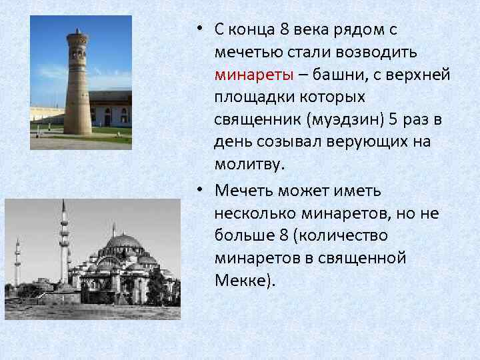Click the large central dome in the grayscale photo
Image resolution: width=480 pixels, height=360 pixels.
(123, 241)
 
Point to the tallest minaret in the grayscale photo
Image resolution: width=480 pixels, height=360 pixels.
(64, 243)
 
